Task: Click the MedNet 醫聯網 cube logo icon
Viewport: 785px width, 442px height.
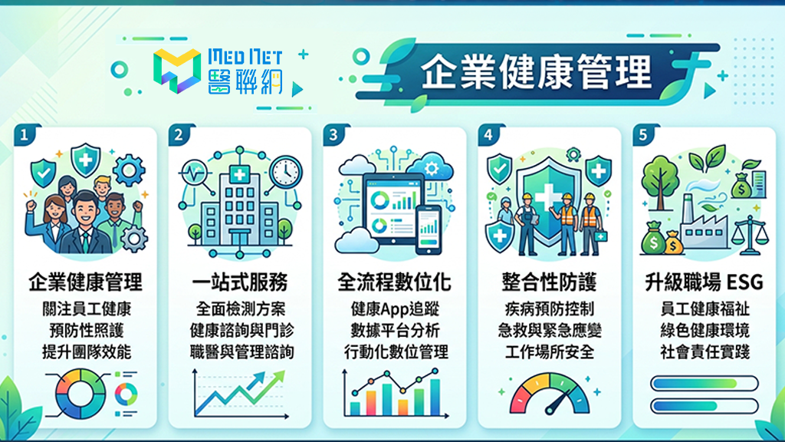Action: (x=177, y=71)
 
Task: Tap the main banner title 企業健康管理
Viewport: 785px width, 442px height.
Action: (x=536, y=72)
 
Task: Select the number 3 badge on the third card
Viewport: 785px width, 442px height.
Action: (x=334, y=134)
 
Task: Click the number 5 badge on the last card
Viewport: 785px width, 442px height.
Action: (x=643, y=134)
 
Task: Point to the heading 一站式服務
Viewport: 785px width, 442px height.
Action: (x=240, y=282)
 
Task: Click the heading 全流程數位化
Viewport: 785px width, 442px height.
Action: (x=395, y=282)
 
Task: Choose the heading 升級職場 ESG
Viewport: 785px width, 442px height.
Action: (x=704, y=282)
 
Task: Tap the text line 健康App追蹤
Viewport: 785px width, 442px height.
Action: (x=395, y=309)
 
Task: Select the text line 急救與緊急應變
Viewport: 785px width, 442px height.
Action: (x=550, y=331)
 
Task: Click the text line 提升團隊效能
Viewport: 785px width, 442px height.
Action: (x=86, y=351)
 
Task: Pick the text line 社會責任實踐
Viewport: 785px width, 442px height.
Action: (x=705, y=351)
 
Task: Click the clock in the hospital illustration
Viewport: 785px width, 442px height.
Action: (x=286, y=172)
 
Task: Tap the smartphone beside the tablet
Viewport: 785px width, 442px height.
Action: (x=429, y=229)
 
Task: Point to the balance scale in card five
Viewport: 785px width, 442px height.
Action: (x=750, y=236)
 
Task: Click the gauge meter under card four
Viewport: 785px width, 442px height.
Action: (x=549, y=394)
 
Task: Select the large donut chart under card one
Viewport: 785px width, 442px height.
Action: (x=80, y=394)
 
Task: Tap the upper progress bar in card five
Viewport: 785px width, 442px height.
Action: (x=704, y=384)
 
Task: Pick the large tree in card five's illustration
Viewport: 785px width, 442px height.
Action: (x=660, y=181)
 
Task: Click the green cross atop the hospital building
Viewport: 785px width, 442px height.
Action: (x=239, y=174)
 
